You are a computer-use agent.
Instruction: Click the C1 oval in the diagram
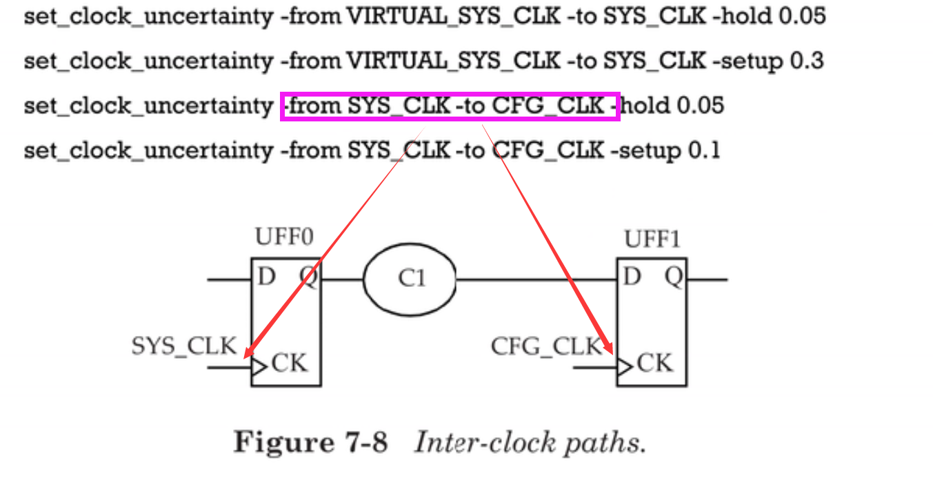[410, 279]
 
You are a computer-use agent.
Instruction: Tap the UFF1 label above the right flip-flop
[652, 239]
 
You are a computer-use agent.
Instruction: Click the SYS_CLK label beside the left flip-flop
[184, 346]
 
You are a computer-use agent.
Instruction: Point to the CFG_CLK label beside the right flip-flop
[546, 346]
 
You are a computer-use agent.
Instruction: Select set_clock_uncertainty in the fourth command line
[148, 150]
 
